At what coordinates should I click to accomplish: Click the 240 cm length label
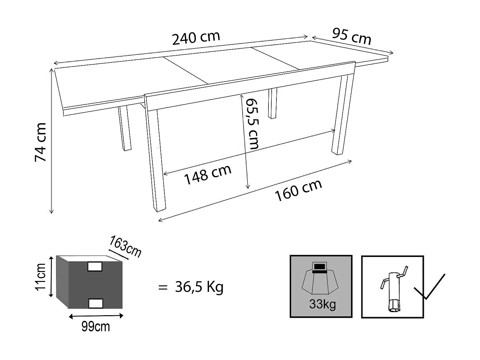tap(196, 38)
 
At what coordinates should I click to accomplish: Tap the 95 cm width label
tap(351, 36)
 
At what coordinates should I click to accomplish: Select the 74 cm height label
tap(41, 142)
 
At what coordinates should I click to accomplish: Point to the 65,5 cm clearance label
tap(252, 124)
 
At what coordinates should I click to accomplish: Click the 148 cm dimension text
tap(208, 175)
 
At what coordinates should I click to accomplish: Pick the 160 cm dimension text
tap(298, 190)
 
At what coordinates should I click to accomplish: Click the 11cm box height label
tap(41, 276)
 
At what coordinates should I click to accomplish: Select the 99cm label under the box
tap(95, 327)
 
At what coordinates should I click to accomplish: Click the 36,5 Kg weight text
tap(199, 287)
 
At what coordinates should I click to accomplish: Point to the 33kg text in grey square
tap(322, 304)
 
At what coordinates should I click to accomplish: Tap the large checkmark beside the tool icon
tap(429, 287)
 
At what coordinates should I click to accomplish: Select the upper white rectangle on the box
tap(95, 266)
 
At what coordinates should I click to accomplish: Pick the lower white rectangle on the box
tap(95, 303)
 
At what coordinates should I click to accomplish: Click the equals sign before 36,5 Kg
tap(163, 287)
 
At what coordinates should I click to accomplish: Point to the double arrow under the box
tap(96, 316)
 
